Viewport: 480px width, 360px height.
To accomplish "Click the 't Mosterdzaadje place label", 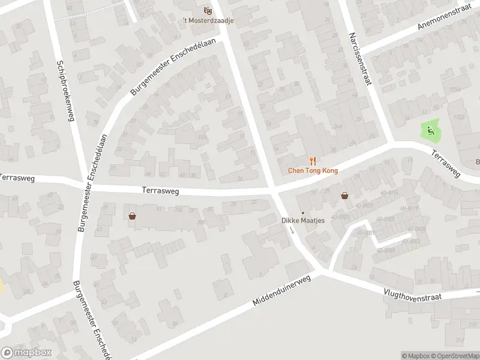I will [209, 20].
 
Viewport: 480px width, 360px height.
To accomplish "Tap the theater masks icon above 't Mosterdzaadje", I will [208, 10].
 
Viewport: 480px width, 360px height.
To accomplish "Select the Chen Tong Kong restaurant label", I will [313, 170].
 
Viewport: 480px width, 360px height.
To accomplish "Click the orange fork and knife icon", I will [313, 161].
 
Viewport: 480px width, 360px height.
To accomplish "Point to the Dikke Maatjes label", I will [303, 220].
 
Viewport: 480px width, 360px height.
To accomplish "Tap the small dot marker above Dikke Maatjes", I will [303, 212].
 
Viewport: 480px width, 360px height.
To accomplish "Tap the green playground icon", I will [430, 128].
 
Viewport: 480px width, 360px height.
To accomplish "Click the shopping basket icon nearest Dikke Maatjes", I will [345, 195].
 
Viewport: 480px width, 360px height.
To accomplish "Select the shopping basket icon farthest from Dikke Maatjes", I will [132, 216].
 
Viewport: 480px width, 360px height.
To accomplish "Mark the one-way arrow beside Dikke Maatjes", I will [292, 230].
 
